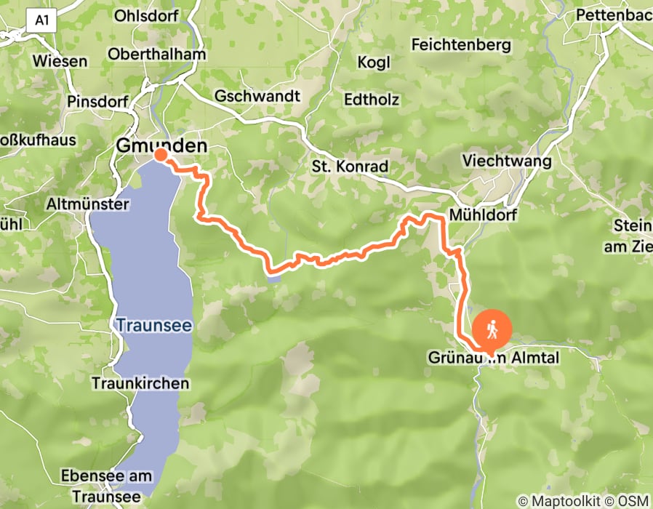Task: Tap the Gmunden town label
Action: [x=161, y=146]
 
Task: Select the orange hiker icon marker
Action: [x=492, y=331]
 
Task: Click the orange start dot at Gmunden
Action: [x=161, y=155]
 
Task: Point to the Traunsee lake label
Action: [x=153, y=325]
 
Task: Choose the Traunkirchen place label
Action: [x=140, y=382]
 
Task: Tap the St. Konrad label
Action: [x=350, y=167]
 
